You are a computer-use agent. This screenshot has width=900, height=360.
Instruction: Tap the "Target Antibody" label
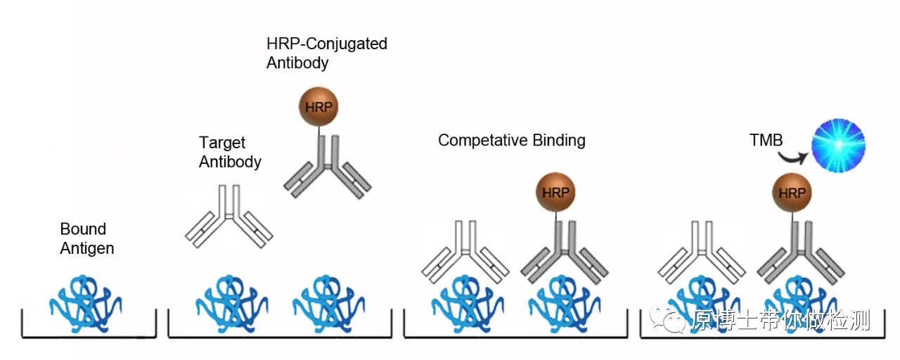point(230,153)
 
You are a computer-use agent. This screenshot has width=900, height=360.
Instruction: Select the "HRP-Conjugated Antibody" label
point(326,53)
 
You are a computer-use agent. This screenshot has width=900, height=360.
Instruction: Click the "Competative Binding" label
point(511,140)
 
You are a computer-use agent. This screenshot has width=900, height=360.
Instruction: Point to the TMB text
point(766,141)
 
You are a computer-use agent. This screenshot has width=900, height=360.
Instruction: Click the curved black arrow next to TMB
point(794,157)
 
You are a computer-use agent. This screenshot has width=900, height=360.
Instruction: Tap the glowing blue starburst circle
point(838,146)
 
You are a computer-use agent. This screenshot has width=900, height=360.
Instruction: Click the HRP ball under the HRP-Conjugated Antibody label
point(319,107)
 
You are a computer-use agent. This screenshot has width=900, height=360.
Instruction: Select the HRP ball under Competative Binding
point(555,193)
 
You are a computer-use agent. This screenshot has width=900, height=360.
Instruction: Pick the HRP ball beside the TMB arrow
point(792,193)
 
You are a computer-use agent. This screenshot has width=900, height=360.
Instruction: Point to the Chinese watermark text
point(781,321)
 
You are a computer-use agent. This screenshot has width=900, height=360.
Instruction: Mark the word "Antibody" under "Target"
point(230,162)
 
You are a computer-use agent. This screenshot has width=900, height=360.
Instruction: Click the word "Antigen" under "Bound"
point(87,248)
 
